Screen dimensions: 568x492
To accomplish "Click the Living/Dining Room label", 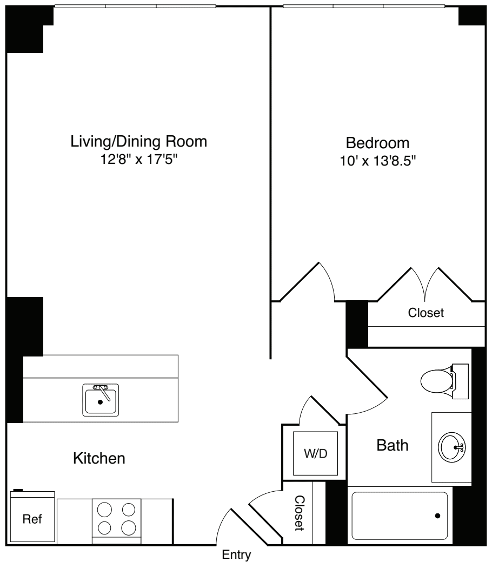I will point(139,142).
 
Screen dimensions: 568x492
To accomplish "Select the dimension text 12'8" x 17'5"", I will point(139,160).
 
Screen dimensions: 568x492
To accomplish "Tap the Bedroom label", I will point(377,143).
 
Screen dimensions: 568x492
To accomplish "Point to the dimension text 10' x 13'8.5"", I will point(377,161).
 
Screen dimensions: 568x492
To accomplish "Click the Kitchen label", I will point(99,459).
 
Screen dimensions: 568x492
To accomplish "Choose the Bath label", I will point(393,446).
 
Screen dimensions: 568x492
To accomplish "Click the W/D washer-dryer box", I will point(316,453).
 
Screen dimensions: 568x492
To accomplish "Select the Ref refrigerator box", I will point(32,519).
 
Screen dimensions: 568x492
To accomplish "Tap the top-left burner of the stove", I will point(105,509).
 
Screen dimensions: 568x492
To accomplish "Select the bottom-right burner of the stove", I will point(128,527).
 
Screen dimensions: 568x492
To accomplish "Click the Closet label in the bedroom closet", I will point(425,313).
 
